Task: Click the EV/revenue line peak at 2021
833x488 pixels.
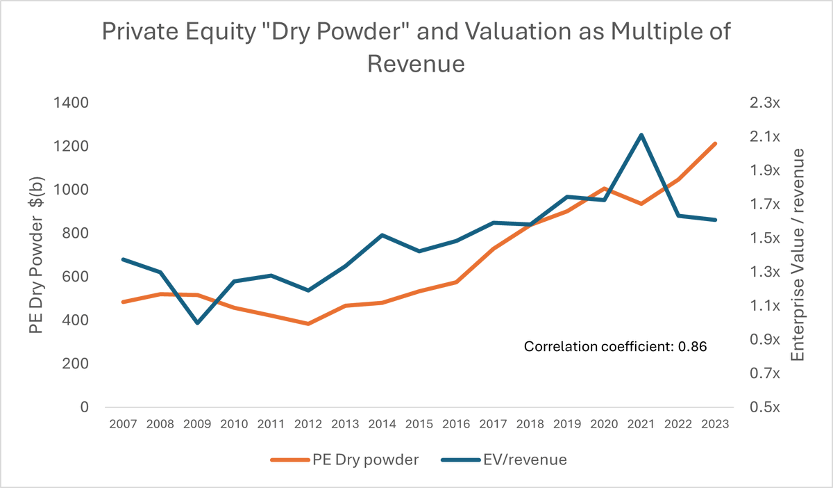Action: (x=641, y=135)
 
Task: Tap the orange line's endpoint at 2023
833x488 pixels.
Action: (x=715, y=143)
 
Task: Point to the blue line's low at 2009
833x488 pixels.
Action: (x=198, y=323)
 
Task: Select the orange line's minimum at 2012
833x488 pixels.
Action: (x=308, y=324)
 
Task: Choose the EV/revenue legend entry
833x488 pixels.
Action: (x=512, y=459)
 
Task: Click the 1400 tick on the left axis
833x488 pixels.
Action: (x=73, y=103)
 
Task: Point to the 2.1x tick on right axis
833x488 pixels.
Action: (x=766, y=136)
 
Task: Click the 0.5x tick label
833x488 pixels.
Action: (x=766, y=407)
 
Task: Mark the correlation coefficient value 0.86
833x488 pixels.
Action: (x=693, y=346)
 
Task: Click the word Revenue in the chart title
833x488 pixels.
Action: (x=415, y=65)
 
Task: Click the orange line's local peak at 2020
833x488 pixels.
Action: (x=604, y=188)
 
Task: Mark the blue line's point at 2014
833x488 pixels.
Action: (x=382, y=235)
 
